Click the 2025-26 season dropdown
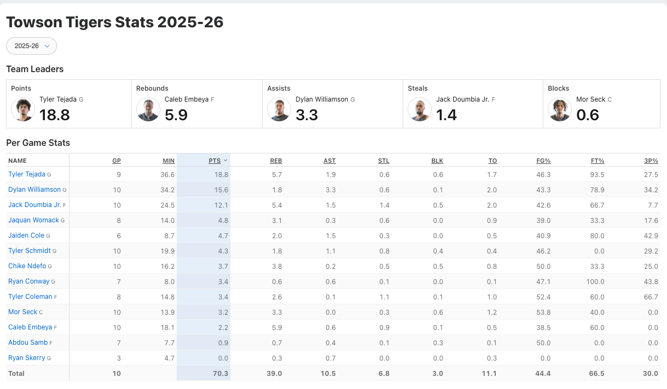click(x=31, y=46)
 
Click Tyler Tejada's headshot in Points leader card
click(x=23, y=109)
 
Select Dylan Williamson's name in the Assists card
click(x=322, y=99)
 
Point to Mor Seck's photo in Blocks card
click(x=560, y=109)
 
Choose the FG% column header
click(x=543, y=161)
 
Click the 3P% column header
click(x=651, y=161)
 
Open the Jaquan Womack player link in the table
click(x=33, y=220)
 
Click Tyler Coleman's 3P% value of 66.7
click(x=651, y=297)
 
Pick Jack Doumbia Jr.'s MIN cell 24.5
click(x=167, y=205)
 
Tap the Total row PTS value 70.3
click(x=221, y=374)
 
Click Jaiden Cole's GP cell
click(x=118, y=235)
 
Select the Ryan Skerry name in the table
click(x=27, y=358)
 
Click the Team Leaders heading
click(x=35, y=69)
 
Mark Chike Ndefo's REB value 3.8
click(x=276, y=266)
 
